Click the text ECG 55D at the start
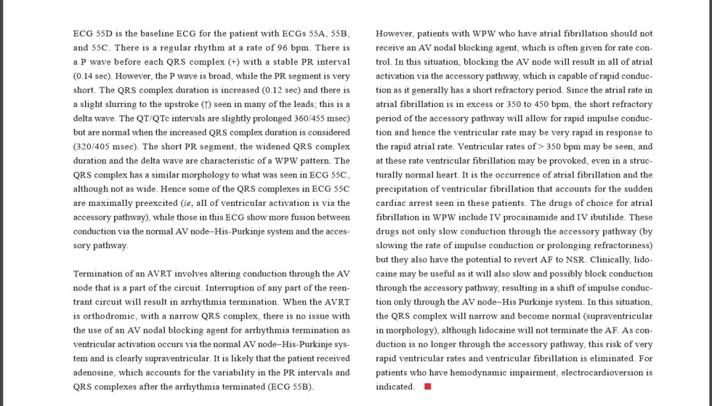[90, 33]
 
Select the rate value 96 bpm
[291, 48]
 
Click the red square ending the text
[427, 387]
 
